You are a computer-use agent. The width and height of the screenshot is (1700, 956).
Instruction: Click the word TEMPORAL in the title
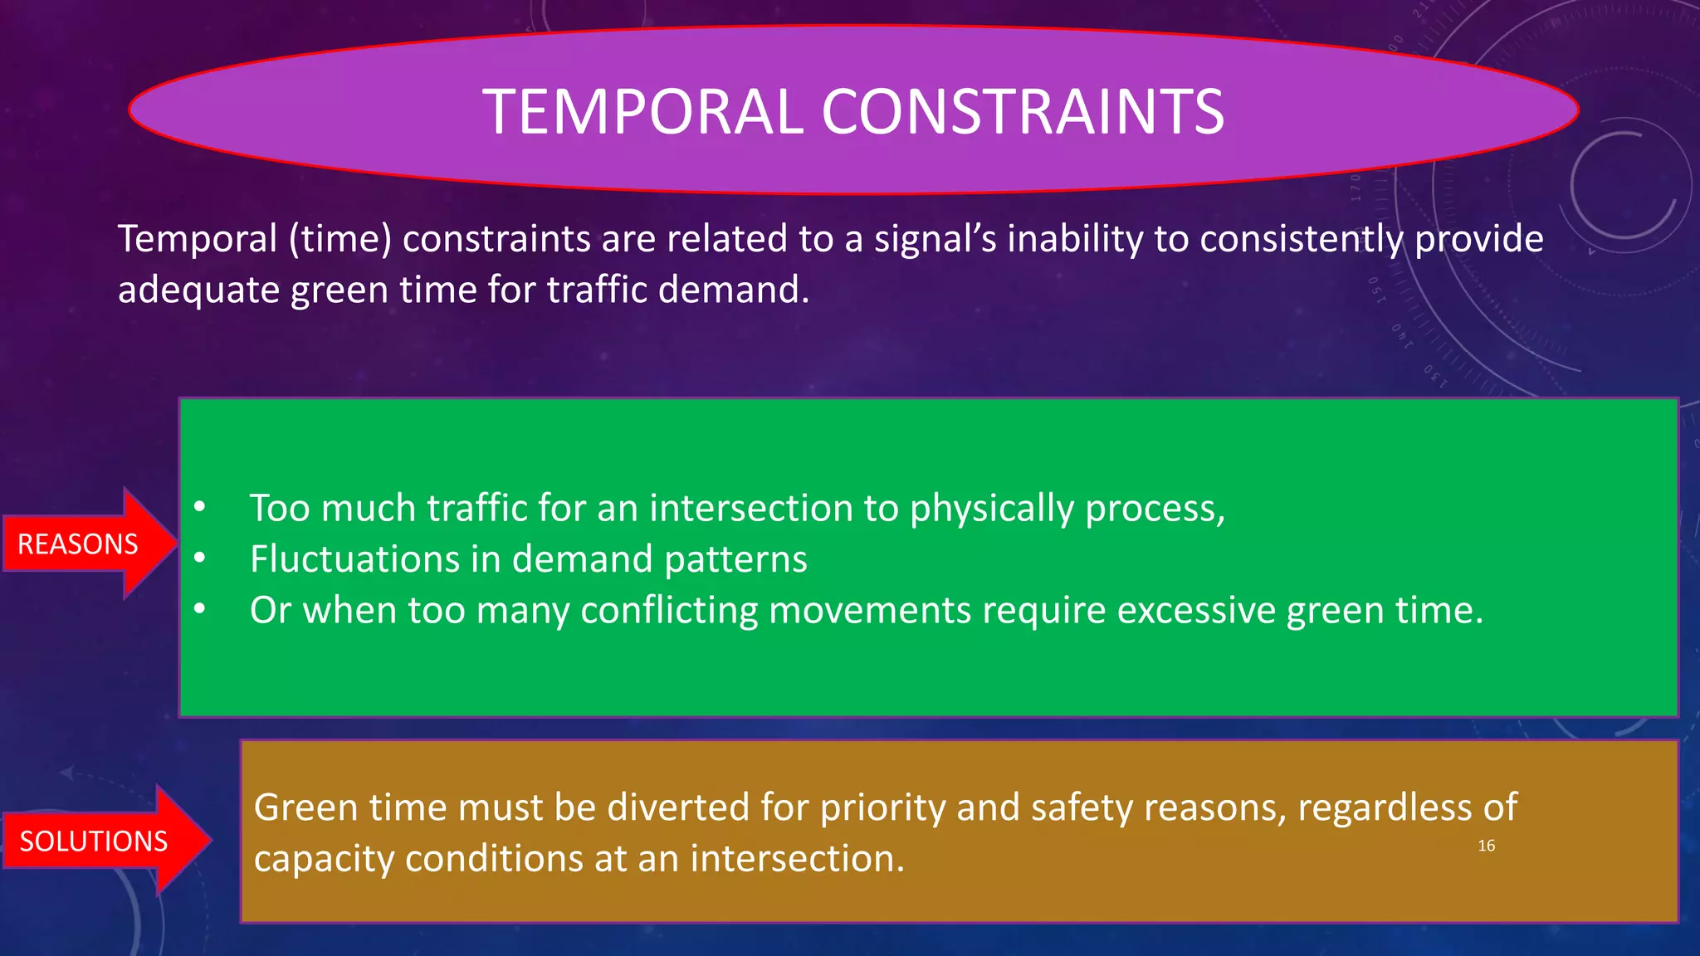point(643,112)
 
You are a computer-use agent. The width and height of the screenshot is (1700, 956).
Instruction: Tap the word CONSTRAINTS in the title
point(1023,112)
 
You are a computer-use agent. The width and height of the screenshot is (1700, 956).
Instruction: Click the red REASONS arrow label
point(78,544)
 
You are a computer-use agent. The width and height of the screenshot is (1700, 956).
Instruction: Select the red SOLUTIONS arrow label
point(93,841)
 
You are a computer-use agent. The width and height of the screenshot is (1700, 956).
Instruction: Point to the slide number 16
point(1486,846)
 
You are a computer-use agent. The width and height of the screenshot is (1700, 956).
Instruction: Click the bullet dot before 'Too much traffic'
point(199,507)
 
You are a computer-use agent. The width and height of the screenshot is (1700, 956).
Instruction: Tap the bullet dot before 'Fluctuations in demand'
point(199,558)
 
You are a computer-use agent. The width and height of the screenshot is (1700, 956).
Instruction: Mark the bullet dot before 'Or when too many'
point(199,610)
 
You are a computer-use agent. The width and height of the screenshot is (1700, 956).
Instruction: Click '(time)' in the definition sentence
point(340,239)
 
